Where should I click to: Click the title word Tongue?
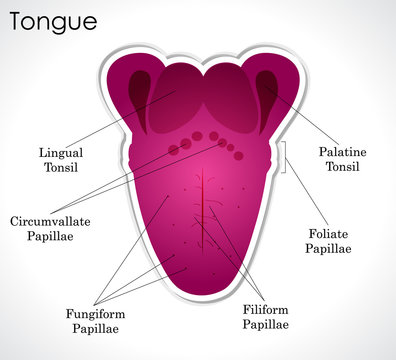(x=54, y=20)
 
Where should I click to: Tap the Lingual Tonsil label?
(x=60, y=160)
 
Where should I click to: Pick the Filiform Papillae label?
(x=265, y=317)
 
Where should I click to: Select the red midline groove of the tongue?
(x=204, y=200)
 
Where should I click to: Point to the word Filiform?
(x=265, y=310)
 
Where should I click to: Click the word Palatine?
(x=343, y=151)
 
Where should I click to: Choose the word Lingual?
(x=60, y=153)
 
